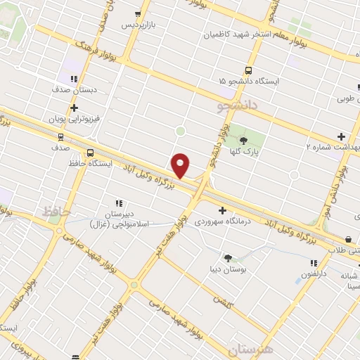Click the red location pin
181,165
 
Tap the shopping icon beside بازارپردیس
138,14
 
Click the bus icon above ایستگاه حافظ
90,153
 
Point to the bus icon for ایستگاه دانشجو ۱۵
247,70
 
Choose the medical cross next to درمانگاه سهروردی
223,210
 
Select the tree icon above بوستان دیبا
228,257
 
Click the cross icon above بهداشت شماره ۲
341,136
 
